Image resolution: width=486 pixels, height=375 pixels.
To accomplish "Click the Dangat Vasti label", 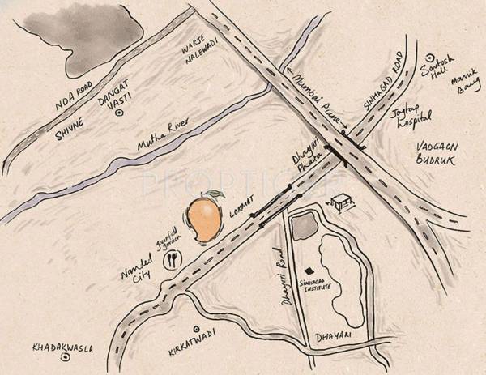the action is [x=114, y=101].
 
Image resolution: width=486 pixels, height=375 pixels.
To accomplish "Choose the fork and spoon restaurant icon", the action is [x=172, y=261].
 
